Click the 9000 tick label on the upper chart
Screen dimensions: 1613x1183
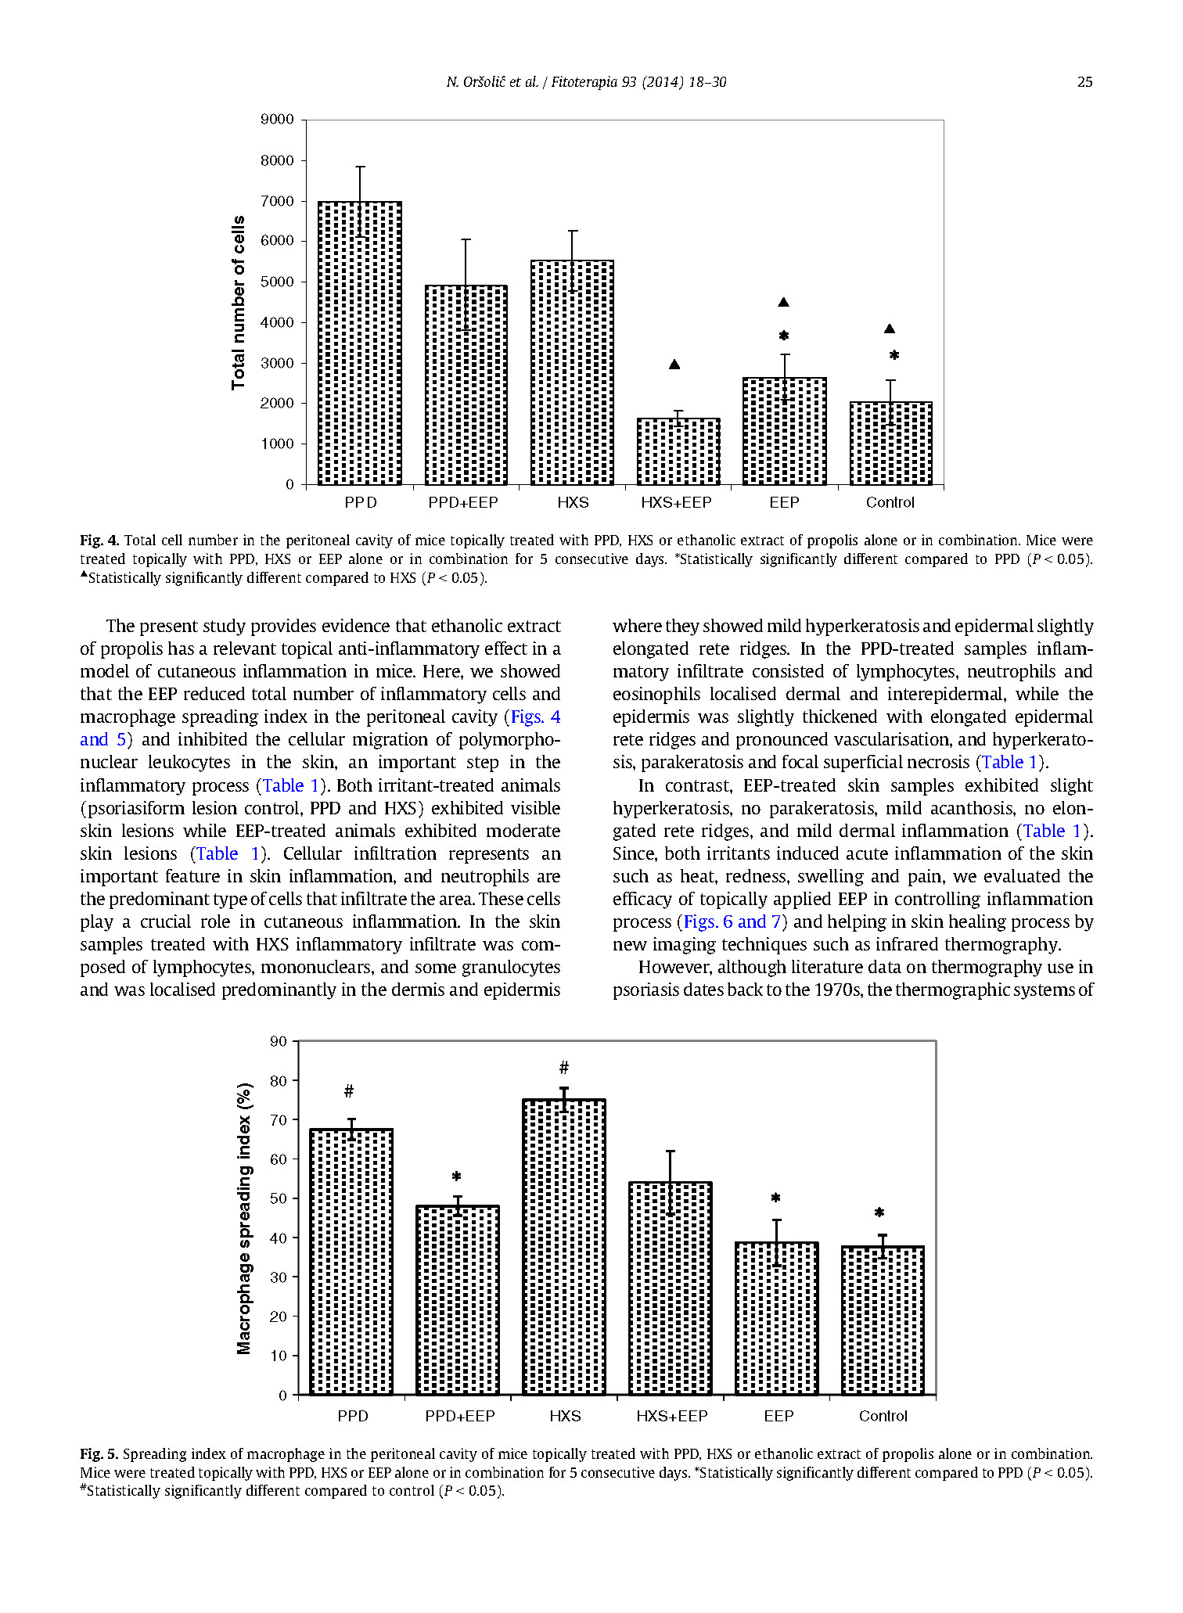point(277,120)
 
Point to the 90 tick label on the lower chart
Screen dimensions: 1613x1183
point(278,1041)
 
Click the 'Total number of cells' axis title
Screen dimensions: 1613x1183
point(239,302)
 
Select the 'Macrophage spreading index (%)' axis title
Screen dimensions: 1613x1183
point(245,1218)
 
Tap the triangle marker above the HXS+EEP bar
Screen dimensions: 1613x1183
point(674,365)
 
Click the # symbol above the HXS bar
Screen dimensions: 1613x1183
point(564,1068)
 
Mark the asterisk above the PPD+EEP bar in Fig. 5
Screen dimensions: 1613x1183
point(457,1177)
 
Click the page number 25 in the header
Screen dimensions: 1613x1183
point(1084,82)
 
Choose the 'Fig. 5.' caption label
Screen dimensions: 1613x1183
point(99,1454)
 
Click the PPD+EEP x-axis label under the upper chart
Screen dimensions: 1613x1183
point(463,503)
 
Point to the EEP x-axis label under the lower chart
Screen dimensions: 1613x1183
point(778,1416)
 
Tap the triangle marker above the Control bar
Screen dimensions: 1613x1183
point(890,329)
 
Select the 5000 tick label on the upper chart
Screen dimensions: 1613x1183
point(277,282)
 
